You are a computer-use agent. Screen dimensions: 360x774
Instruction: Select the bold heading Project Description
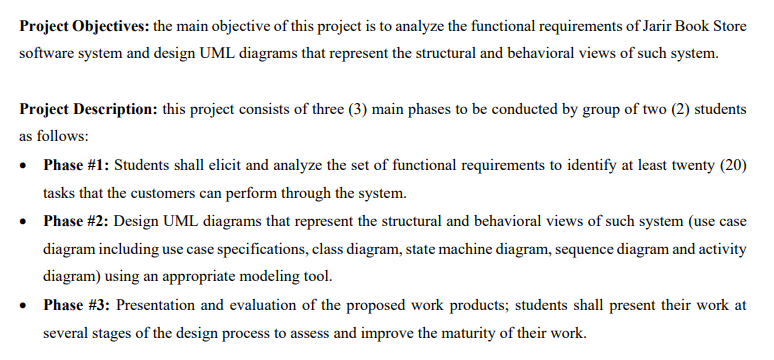tap(87, 108)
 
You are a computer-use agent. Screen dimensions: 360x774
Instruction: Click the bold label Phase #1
tap(77, 164)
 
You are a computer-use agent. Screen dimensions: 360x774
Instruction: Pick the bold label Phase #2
tap(77, 220)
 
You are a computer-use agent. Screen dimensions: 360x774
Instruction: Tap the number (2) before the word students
tap(672, 108)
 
